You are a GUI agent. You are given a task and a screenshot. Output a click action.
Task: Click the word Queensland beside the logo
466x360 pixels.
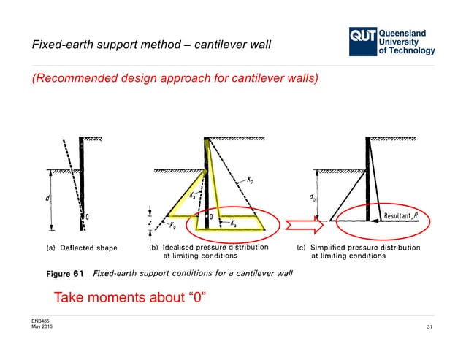click(x=408, y=32)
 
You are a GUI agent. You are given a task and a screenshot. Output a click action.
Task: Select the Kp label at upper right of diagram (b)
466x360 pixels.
click(x=251, y=179)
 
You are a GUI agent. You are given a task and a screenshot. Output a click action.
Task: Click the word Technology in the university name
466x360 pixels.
click(x=413, y=51)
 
